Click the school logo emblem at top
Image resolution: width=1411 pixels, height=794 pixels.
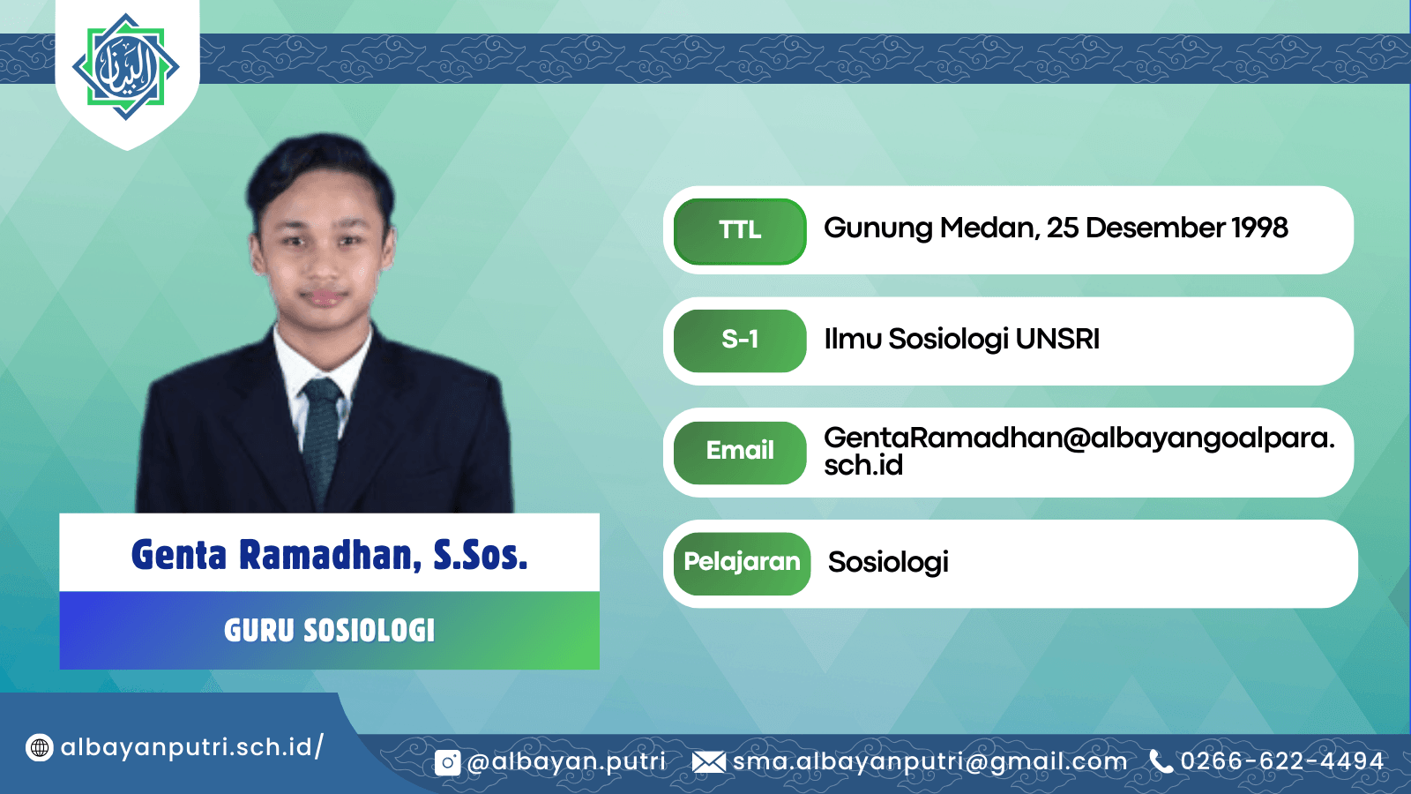tap(126, 67)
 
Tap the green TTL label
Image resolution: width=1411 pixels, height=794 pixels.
tap(740, 230)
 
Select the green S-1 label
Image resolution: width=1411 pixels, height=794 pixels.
tap(740, 341)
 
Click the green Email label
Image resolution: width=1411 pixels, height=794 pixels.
tap(740, 452)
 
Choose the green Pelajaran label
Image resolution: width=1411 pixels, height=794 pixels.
tap(742, 563)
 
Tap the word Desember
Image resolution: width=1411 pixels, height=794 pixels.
tap(1155, 228)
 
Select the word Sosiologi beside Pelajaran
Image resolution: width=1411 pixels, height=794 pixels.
tap(888, 562)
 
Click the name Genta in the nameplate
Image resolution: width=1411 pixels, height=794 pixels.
tap(179, 555)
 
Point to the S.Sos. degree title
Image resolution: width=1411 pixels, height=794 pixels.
tap(480, 555)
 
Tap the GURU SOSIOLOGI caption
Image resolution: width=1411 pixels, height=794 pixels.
tap(330, 631)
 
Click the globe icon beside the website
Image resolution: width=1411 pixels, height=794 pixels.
tap(39, 748)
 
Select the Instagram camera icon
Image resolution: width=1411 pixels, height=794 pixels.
tap(447, 763)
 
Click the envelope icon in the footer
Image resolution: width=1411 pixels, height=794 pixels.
tap(709, 762)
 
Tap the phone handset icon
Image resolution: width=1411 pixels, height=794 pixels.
tap(1161, 761)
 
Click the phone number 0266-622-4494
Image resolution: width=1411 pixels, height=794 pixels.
tap(1282, 761)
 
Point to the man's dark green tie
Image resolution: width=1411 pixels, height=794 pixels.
tap(321, 438)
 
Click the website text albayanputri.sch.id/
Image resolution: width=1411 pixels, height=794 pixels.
tap(192, 747)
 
